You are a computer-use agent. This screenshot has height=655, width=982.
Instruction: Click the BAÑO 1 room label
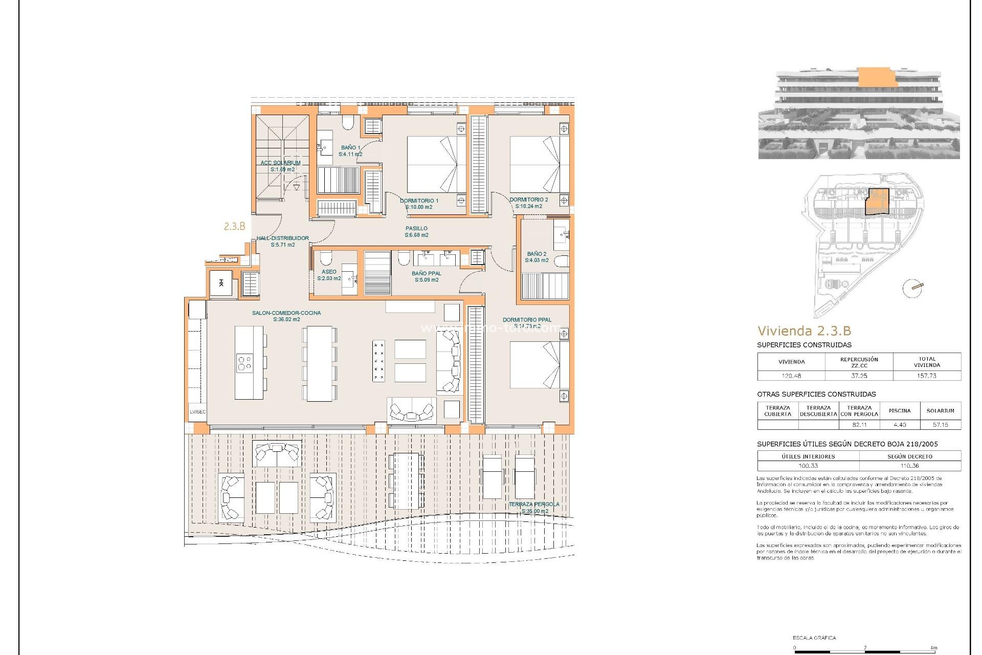click(350, 150)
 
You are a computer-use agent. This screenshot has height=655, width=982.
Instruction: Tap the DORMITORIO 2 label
click(528, 203)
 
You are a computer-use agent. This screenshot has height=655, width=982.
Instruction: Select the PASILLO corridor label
click(416, 232)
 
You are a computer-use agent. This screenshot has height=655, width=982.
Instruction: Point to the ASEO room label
click(329, 275)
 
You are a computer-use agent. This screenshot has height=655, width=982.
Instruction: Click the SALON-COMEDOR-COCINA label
click(286, 316)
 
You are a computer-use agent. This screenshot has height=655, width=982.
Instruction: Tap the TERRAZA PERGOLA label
click(534, 507)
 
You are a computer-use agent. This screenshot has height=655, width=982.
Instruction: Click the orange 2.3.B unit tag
click(235, 226)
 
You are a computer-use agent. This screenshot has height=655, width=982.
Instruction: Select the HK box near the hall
click(221, 283)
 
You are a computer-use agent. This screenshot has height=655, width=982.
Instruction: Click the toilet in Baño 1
click(348, 122)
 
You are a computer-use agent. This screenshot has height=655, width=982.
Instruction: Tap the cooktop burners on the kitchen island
click(244, 363)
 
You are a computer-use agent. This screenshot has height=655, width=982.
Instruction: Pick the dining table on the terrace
click(406, 480)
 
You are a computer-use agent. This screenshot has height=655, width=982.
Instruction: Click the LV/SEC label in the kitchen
click(198, 412)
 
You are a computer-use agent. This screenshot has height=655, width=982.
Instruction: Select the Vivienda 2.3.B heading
click(804, 331)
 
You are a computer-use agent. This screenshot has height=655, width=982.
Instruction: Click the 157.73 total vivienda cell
click(927, 376)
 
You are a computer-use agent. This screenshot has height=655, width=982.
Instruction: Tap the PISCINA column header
click(900, 410)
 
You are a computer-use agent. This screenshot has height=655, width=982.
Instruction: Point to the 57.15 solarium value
click(940, 425)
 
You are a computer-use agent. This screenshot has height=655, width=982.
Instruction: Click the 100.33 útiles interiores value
click(808, 466)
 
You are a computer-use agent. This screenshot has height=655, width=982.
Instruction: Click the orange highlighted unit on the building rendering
click(877, 77)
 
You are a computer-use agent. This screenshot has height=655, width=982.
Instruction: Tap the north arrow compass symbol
click(913, 288)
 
